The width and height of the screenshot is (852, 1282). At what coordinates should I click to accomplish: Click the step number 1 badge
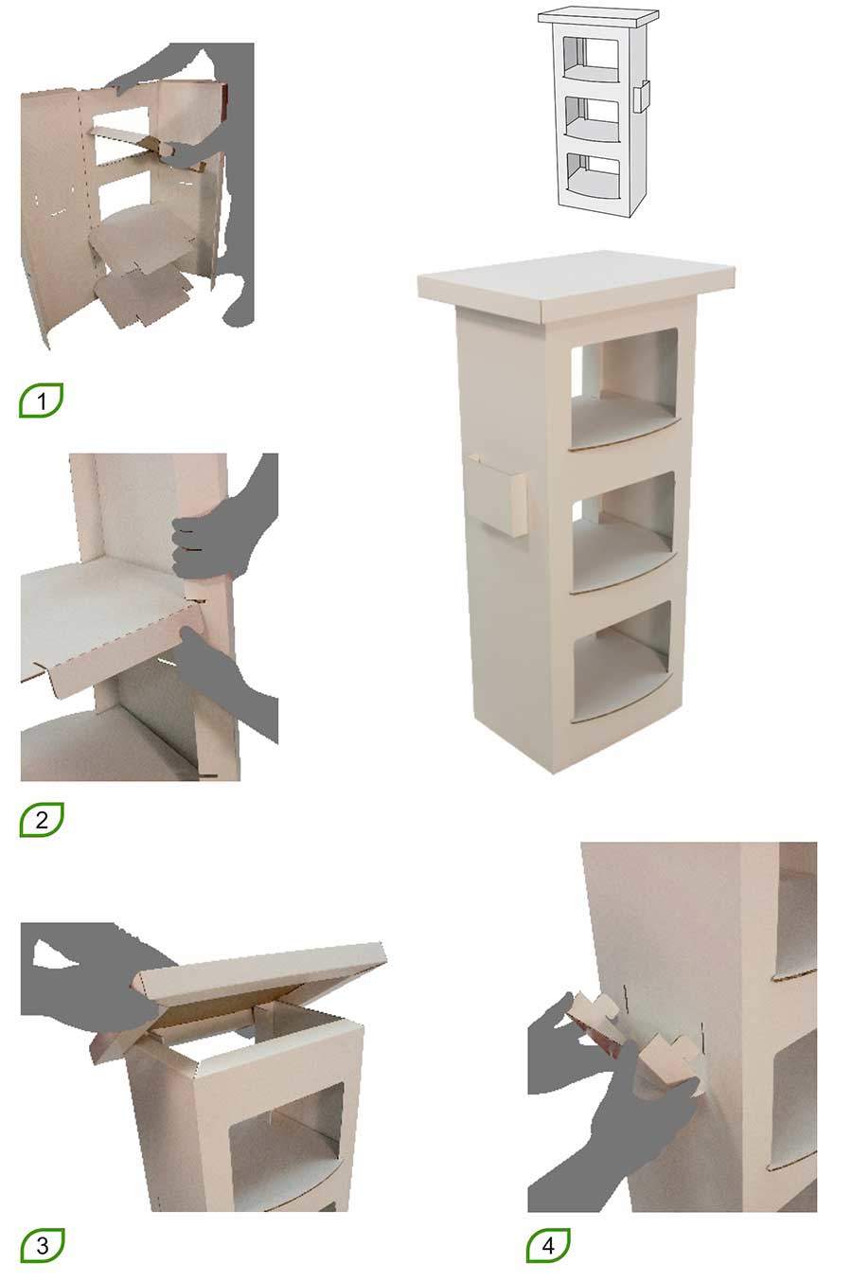(x=41, y=401)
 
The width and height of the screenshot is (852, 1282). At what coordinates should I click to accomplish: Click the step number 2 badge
(x=41, y=819)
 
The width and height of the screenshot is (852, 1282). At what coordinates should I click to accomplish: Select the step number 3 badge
(x=42, y=1244)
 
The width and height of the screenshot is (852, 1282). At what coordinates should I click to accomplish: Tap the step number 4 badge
(x=549, y=1245)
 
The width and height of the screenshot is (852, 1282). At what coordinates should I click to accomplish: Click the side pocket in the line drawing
(x=642, y=98)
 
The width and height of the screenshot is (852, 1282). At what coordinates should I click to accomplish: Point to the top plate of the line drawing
(x=598, y=17)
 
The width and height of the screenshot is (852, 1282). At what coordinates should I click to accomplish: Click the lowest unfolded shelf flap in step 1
(x=142, y=298)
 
